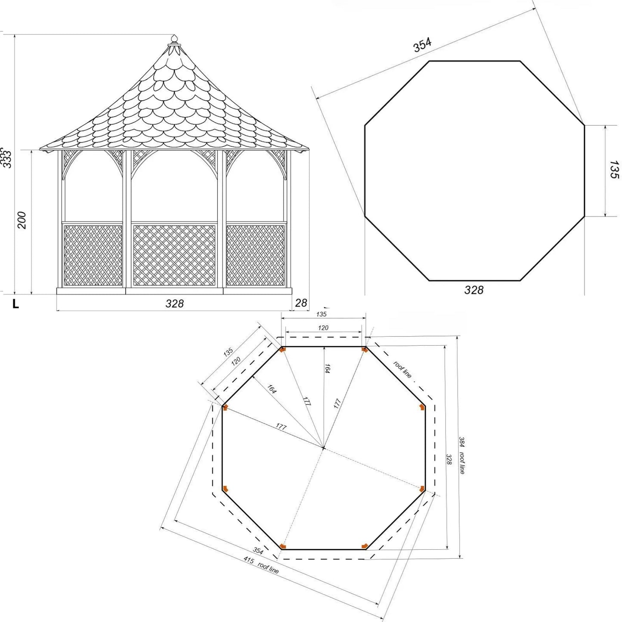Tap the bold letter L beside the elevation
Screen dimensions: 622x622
point(16,304)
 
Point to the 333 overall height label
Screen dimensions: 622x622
point(6,158)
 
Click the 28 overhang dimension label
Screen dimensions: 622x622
point(301,303)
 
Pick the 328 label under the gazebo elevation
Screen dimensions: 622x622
point(174,303)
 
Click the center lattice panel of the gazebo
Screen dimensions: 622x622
point(174,255)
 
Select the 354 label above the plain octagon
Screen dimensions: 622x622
point(422,45)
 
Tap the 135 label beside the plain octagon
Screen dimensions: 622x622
point(614,170)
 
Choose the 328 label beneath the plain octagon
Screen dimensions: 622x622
point(473,290)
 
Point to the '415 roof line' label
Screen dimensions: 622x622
point(261,566)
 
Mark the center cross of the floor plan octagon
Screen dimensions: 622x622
point(323,448)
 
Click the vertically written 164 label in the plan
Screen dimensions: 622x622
point(328,368)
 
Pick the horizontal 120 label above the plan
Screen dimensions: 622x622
point(323,328)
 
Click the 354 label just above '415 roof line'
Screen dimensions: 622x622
point(258,551)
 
